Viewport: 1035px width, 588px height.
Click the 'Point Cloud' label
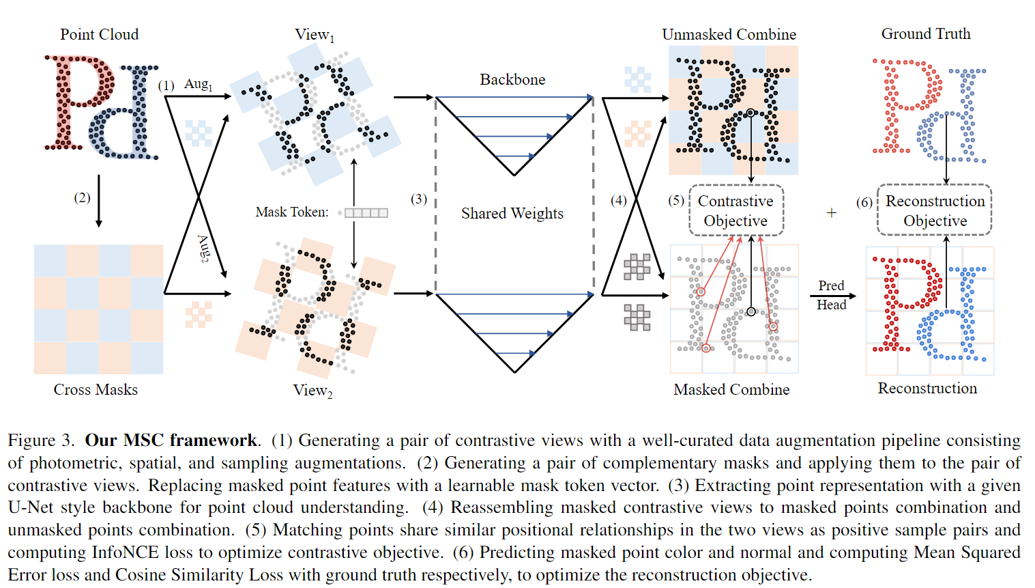99,34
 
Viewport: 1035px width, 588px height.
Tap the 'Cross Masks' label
96,389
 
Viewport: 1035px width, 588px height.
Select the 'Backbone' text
512,79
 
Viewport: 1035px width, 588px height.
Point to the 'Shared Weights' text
512,213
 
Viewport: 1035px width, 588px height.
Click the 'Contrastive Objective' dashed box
735,210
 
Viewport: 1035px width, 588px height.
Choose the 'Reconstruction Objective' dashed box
934,210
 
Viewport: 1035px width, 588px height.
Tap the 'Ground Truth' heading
926,33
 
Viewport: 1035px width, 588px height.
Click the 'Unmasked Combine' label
729,34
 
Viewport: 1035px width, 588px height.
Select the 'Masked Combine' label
731,389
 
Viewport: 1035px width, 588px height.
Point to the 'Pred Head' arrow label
831,295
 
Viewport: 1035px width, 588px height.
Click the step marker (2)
82,197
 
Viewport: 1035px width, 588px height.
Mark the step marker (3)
419,199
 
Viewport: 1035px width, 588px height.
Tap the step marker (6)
864,202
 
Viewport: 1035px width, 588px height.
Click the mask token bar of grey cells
366,212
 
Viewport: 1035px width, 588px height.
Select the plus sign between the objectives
831,212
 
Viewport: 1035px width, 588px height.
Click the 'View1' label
314,35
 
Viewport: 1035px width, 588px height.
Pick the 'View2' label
312,390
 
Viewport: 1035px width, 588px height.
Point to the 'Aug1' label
198,84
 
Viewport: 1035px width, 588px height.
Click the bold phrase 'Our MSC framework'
171,440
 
